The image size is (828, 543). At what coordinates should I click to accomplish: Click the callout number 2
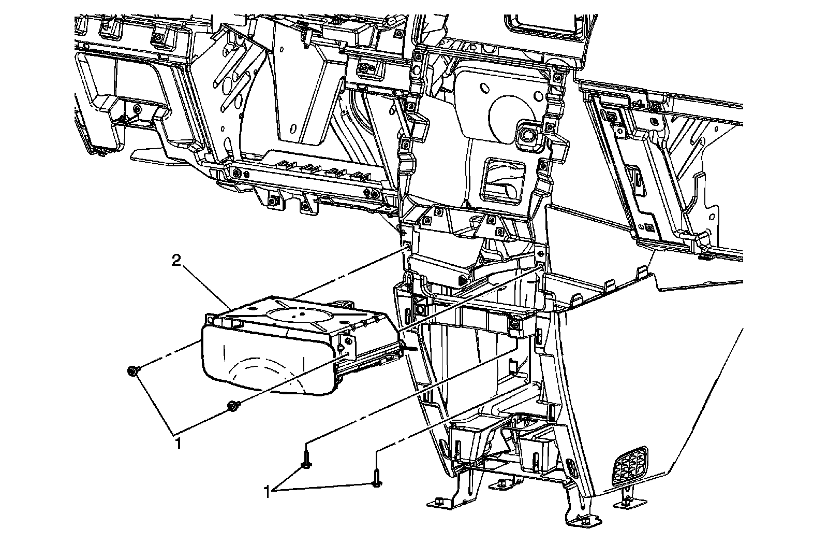(176, 261)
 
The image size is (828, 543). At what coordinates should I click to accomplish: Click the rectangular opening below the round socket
(502, 179)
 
